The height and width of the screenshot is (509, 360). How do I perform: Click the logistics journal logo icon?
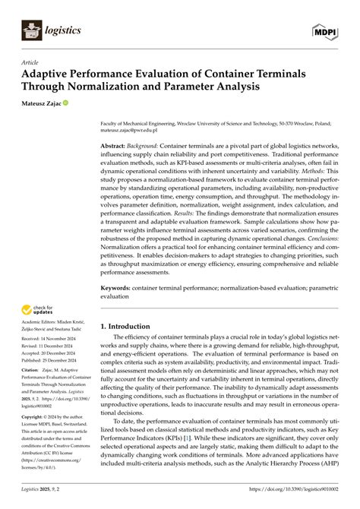coord(31,30)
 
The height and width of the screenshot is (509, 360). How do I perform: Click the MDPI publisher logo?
coord(325,30)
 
